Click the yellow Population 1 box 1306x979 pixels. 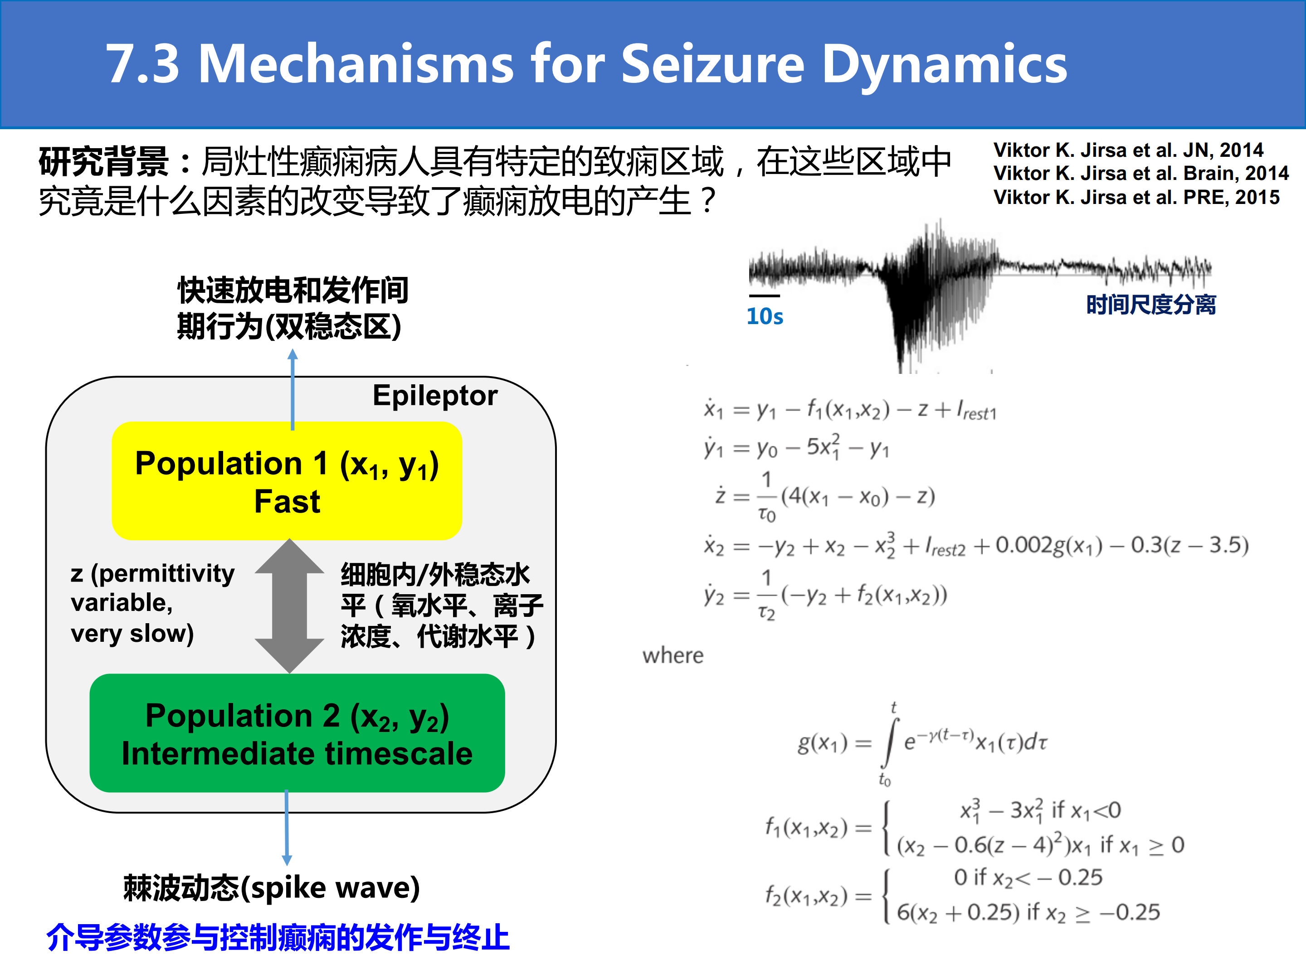tap(287, 480)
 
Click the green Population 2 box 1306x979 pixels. tap(297, 733)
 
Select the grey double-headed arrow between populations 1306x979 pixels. tap(289, 606)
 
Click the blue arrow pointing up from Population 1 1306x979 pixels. tap(292, 389)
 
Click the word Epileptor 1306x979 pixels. tap(435, 395)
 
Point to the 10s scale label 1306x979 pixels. tap(765, 316)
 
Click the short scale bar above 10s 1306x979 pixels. tap(765, 296)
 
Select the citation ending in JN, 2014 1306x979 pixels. tap(1128, 150)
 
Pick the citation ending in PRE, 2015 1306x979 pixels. tap(1136, 197)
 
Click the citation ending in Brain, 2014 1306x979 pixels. tap(1140, 174)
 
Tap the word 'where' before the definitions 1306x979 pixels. tap(673, 656)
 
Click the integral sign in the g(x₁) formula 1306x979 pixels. tap(890, 743)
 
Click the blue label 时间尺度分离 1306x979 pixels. tap(1151, 305)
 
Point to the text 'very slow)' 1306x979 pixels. tap(132, 634)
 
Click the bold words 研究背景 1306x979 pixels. tap(104, 162)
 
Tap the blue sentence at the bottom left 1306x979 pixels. tap(278, 937)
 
